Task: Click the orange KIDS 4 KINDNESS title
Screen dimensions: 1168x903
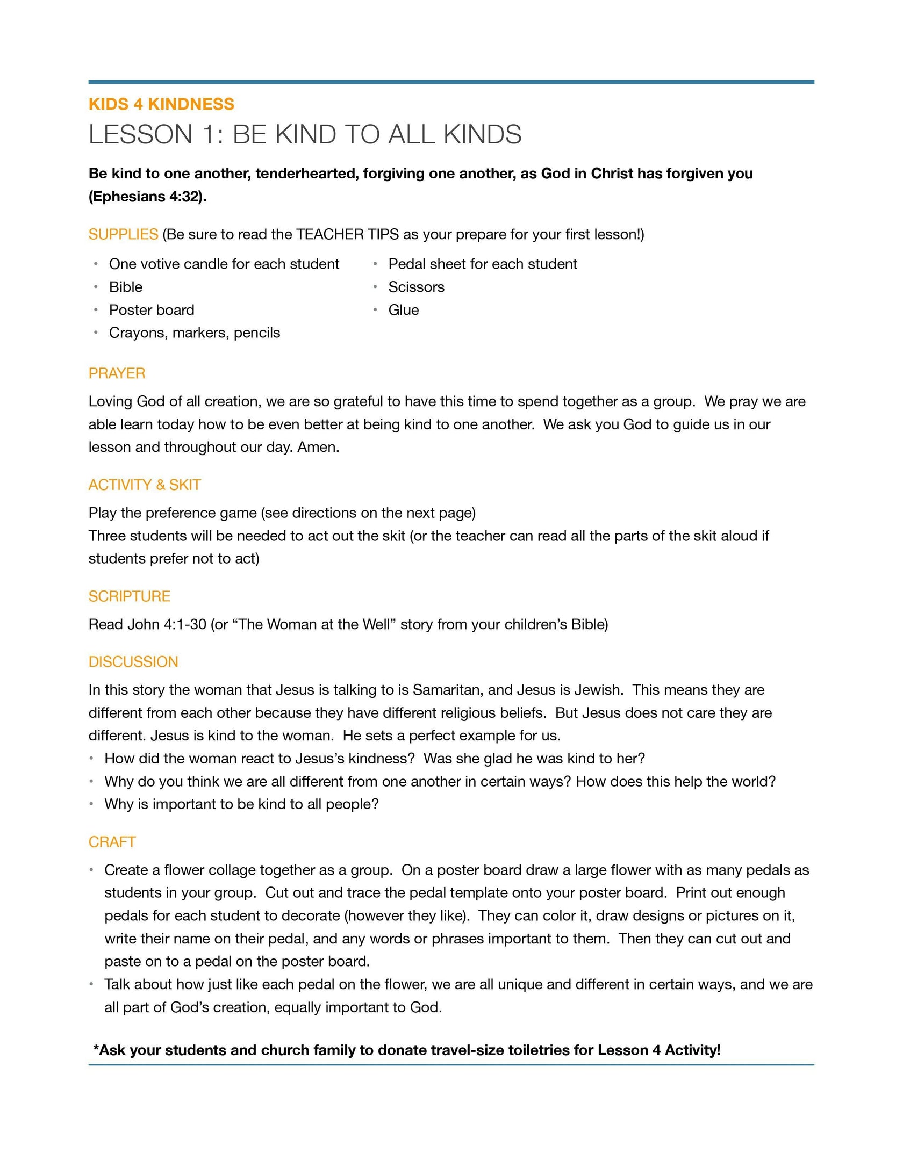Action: (x=161, y=104)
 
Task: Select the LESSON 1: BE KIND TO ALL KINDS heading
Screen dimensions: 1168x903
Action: (x=305, y=134)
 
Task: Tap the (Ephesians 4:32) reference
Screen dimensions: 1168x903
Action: (x=147, y=197)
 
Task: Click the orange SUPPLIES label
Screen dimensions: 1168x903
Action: (x=123, y=234)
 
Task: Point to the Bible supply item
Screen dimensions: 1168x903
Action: (x=126, y=287)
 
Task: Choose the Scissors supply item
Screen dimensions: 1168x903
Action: (x=416, y=287)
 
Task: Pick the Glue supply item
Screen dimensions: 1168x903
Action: (x=404, y=310)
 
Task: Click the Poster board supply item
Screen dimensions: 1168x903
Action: (x=152, y=310)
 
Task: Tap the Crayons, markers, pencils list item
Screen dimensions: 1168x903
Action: (x=195, y=333)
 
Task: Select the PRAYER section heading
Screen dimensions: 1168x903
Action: (x=117, y=373)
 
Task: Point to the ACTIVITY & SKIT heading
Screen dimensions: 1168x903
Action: (x=145, y=485)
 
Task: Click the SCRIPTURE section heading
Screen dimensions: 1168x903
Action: (x=129, y=596)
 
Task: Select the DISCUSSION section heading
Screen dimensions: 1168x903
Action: (x=133, y=662)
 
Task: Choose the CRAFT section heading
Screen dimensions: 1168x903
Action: (x=112, y=842)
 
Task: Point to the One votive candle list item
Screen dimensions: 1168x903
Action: (x=224, y=264)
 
